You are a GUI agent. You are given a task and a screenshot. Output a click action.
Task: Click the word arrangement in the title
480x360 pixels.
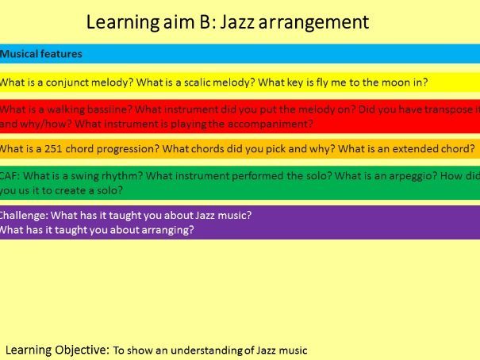coord(313,23)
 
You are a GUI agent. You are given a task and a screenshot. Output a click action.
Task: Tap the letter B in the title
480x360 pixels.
coord(205,21)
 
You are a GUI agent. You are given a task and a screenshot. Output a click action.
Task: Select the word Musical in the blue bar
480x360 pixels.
coord(18,54)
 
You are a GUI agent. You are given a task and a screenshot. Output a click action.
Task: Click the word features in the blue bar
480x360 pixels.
coord(61,54)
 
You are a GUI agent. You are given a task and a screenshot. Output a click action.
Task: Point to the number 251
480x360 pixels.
coord(53,149)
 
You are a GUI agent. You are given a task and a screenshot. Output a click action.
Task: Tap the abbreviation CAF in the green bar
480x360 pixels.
coord(9,176)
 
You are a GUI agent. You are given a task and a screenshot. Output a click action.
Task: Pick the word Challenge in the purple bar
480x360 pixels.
coord(23,216)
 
